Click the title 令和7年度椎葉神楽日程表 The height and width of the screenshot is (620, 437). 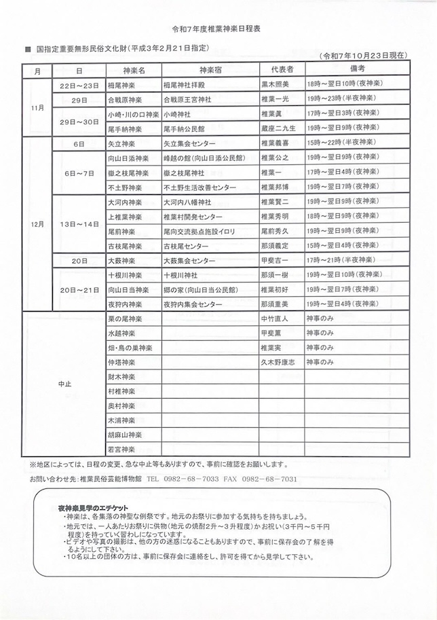218,31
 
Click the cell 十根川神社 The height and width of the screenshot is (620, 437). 180,276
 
